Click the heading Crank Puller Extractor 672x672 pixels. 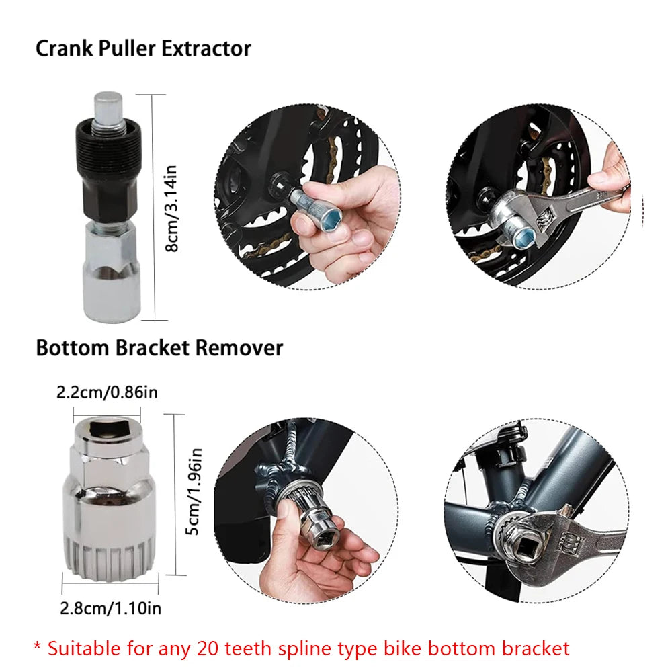tap(143, 49)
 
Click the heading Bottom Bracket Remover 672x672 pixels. tap(159, 348)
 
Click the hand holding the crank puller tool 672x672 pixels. tap(349, 222)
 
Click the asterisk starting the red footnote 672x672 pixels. tap(38, 646)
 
